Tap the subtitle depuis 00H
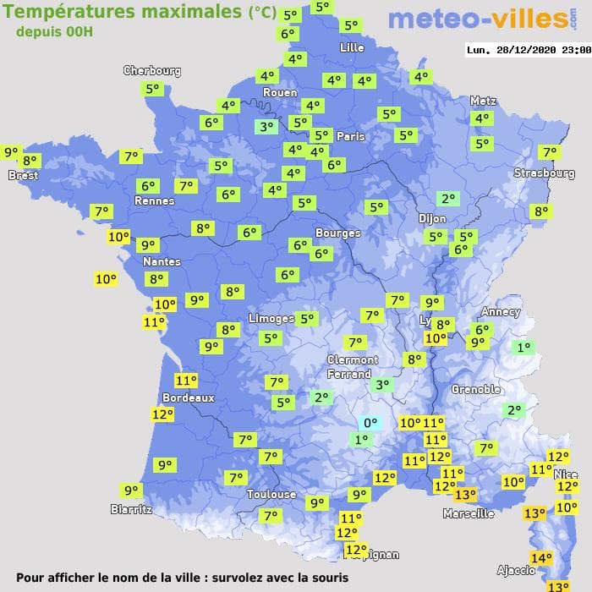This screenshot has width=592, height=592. point(54,31)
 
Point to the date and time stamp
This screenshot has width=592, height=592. point(528,50)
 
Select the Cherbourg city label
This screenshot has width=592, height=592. point(152,71)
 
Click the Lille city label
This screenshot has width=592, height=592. point(352,47)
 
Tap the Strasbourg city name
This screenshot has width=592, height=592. point(544,173)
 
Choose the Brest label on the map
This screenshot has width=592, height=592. point(23,175)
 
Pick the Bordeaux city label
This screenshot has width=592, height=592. point(188,397)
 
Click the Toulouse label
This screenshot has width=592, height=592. point(271,494)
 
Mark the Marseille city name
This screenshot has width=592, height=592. point(469,513)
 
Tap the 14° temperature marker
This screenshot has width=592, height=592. point(540,557)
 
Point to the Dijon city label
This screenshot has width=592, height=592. point(432,218)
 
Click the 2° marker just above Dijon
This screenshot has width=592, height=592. point(447,199)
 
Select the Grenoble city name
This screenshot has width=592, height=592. point(476,389)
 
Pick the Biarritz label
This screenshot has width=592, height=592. point(131,509)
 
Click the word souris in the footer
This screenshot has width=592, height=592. point(327,578)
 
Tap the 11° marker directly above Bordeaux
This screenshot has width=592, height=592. point(185,381)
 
